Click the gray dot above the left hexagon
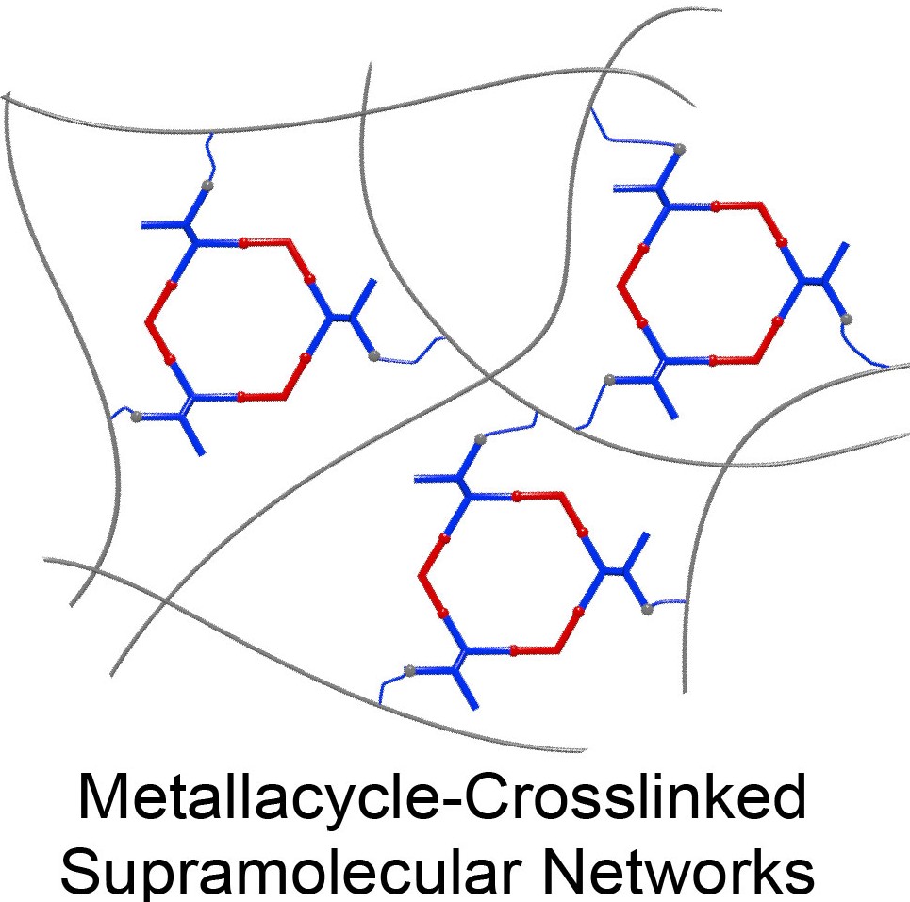click(x=207, y=187)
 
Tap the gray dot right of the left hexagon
click(x=374, y=355)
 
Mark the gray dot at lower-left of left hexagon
click(x=138, y=415)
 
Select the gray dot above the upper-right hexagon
click(x=679, y=148)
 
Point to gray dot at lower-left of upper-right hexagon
click(x=610, y=379)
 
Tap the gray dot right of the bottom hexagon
click(x=647, y=610)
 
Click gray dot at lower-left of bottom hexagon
click(x=409, y=670)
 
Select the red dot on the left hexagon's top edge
click(x=244, y=243)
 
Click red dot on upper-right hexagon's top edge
click(x=716, y=205)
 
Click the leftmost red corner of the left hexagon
click(x=148, y=321)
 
